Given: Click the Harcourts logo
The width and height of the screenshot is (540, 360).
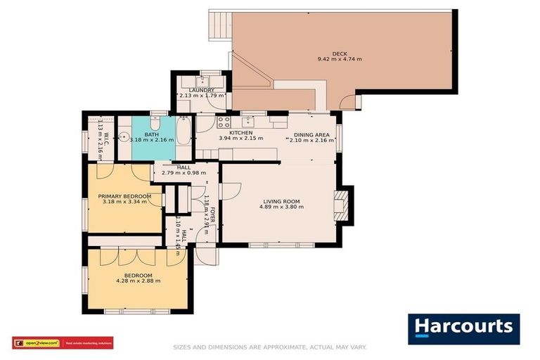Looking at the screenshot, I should (x=463, y=328).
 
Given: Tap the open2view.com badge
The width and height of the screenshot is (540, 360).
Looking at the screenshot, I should (x=37, y=343).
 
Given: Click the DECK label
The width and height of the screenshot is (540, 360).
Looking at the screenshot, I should (x=340, y=53).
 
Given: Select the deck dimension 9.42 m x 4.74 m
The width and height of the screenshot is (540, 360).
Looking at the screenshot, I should (x=340, y=60).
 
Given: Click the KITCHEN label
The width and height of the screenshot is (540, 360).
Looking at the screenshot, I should (x=240, y=132).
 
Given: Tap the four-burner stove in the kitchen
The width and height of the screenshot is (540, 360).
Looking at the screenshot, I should (x=224, y=122).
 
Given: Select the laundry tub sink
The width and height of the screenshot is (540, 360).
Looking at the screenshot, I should (x=210, y=79).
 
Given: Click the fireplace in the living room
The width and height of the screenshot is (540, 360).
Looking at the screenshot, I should (x=342, y=205).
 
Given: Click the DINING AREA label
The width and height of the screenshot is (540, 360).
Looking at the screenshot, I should (x=312, y=133).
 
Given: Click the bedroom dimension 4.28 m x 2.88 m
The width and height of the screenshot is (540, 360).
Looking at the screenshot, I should (x=138, y=281).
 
